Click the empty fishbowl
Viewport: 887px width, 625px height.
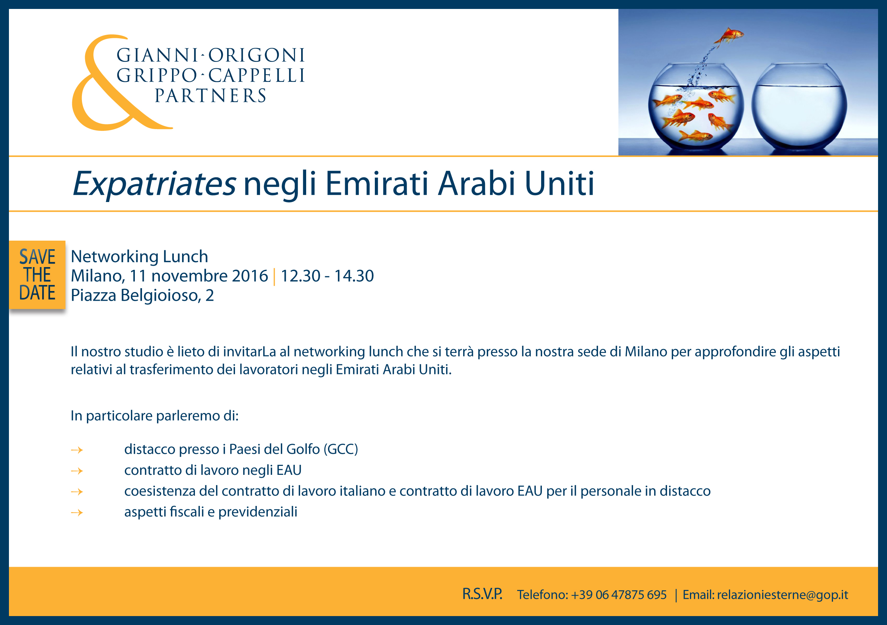[x=799, y=107]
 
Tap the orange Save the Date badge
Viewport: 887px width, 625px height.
[x=37, y=275]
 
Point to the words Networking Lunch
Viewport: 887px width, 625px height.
[x=139, y=256]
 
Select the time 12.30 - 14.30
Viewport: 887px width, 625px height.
[x=327, y=276]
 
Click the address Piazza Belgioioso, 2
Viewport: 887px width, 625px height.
[x=142, y=295]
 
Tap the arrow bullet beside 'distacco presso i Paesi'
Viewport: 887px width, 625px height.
[x=77, y=450]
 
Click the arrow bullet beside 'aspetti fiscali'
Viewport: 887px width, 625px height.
[x=77, y=513]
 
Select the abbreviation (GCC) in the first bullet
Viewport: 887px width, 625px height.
[x=341, y=449]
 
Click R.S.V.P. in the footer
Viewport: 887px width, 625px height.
[x=482, y=594]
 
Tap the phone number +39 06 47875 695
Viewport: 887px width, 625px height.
[x=619, y=595]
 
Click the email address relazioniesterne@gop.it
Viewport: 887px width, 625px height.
[x=782, y=595]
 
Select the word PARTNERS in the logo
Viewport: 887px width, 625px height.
[x=211, y=96]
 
